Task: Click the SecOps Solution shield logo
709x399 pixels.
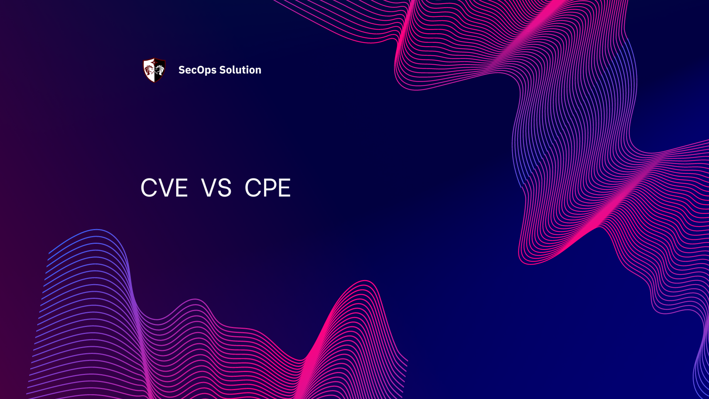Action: pos(154,70)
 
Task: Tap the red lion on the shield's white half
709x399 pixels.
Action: pos(149,70)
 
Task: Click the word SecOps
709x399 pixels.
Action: pos(197,70)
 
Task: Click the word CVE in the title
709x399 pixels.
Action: pos(164,188)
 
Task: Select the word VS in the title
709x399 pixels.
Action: pos(216,188)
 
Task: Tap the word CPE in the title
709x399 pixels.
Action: pos(268,188)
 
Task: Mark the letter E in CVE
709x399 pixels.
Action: pos(182,188)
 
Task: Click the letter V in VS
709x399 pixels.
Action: pos(209,188)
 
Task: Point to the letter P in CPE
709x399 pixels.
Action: pos(269,188)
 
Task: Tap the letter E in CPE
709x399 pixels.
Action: pos(285,188)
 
